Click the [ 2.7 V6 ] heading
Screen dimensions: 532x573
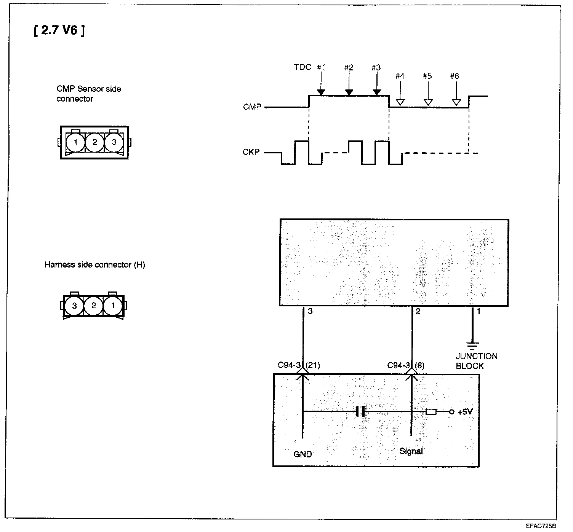click(59, 30)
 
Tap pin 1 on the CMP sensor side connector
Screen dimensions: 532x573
click(76, 143)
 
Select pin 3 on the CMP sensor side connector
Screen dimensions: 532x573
click(114, 143)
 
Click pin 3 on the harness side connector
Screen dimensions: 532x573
click(74, 306)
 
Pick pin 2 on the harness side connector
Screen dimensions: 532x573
click(94, 306)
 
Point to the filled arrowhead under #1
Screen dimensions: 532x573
click(321, 92)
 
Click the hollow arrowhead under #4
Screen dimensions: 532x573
click(400, 102)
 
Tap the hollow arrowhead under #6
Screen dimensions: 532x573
click(456, 102)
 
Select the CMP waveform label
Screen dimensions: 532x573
click(252, 107)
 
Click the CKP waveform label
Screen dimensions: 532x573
click(251, 152)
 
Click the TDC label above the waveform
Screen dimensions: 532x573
click(303, 67)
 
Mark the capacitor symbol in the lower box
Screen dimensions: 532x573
click(360, 411)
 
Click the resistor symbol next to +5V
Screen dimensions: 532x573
click(431, 412)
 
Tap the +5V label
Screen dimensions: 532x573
click(465, 412)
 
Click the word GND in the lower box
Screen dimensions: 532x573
click(303, 454)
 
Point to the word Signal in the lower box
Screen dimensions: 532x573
click(411, 451)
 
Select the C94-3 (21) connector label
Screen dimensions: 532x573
click(299, 365)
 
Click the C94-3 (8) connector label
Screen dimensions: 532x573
click(406, 365)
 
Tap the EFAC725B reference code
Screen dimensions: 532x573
click(541, 527)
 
